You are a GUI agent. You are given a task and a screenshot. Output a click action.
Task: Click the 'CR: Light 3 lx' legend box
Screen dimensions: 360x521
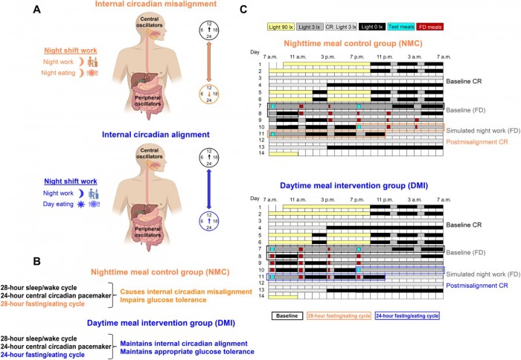coord(348,25)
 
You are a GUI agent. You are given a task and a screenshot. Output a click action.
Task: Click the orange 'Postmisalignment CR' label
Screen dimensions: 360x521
coord(476,141)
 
